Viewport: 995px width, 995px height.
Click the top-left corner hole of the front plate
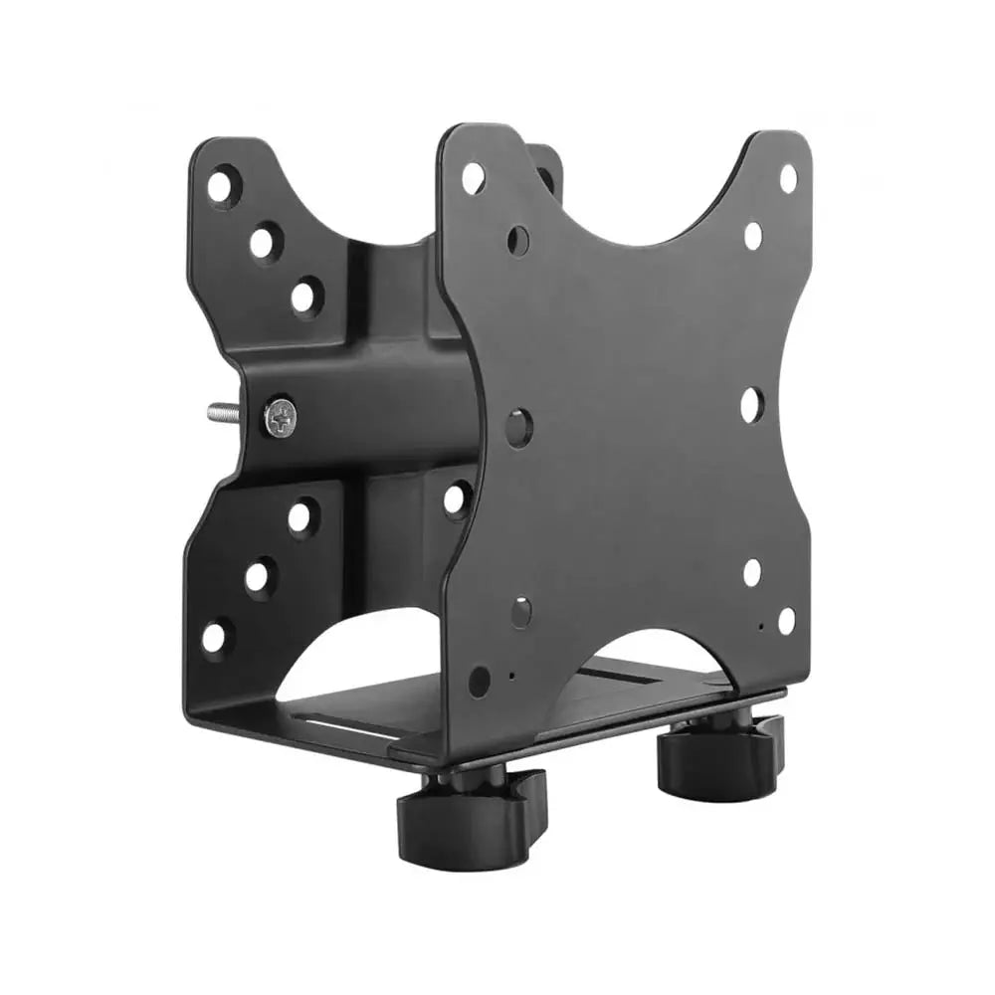[x=474, y=178]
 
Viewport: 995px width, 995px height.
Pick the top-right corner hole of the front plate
[x=788, y=179]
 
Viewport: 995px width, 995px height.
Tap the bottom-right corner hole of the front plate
[x=786, y=620]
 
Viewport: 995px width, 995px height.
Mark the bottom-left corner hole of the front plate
[x=480, y=682]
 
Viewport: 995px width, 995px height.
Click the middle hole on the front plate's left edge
[x=519, y=428]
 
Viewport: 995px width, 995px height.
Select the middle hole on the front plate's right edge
[x=751, y=404]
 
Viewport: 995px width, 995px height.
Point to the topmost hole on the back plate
[x=224, y=185]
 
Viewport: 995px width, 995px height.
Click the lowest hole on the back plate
[x=215, y=637]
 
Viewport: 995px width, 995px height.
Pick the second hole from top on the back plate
[x=264, y=242]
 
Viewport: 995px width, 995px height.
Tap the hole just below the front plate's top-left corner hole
[x=517, y=239]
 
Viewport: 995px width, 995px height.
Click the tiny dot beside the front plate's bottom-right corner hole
[x=760, y=628]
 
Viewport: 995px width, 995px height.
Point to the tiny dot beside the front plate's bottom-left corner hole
[x=511, y=676]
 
